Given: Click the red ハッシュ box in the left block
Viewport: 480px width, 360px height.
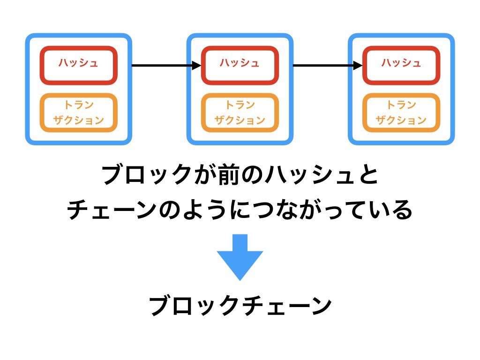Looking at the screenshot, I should click(x=78, y=66).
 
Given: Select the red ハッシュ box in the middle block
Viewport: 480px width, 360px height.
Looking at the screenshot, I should click(x=240, y=66).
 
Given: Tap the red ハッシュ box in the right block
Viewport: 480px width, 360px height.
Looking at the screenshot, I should click(x=401, y=66).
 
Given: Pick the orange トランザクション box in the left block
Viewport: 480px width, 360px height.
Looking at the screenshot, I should click(x=78, y=112).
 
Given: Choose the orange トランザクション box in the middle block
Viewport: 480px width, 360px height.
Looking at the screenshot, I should click(x=240, y=112).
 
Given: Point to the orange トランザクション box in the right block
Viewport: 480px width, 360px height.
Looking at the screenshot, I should click(x=401, y=112).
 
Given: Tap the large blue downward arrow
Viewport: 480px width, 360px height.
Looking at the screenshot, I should click(x=240, y=257).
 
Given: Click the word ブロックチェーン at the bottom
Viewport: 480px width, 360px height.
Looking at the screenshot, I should click(x=240, y=307).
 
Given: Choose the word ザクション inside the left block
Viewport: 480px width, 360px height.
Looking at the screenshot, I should click(x=78, y=120).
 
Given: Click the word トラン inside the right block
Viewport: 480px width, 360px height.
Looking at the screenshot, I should click(x=401, y=105).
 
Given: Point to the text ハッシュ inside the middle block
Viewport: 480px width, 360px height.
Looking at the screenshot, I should click(x=240, y=63).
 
